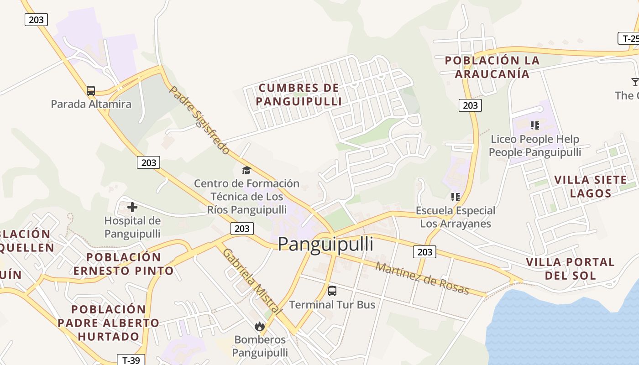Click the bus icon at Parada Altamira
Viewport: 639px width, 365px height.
pos(91,90)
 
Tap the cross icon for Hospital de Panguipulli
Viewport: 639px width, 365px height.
pos(132,207)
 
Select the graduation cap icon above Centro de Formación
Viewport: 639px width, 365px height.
pos(246,170)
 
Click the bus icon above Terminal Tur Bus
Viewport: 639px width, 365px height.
pos(332,291)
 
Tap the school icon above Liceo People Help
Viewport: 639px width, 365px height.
pos(535,125)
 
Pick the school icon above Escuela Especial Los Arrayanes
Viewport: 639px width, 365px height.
pos(455,197)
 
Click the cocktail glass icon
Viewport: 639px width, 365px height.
pos(634,82)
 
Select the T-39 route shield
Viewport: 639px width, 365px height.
pos(131,360)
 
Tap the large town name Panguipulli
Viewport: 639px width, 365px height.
pos(325,244)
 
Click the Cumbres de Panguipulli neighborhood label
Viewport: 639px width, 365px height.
pos(299,94)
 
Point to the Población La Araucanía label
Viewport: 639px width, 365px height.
pos(492,67)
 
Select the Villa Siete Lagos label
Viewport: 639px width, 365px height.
pos(590,186)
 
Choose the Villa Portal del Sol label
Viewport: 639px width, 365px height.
pos(570,269)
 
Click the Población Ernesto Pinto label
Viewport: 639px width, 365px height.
pos(124,264)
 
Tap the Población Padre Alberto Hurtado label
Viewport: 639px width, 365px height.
pos(109,323)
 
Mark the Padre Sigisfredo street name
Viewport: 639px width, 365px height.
pos(199,120)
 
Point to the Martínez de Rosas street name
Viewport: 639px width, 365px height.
pos(422,278)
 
